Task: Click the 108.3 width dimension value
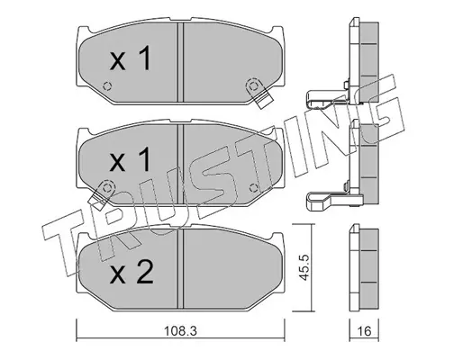(x=180, y=331)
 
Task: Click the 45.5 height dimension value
(x=304, y=267)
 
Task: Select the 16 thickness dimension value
(x=364, y=331)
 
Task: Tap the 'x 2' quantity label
(x=132, y=272)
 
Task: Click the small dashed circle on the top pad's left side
(x=107, y=86)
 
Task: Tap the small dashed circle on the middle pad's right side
(x=254, y=188)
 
